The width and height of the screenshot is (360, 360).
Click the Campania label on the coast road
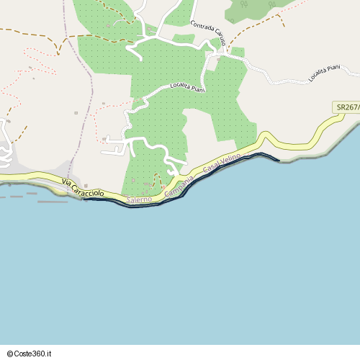(x=179, y=185)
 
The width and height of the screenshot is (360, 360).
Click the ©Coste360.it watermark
(x=30, y=354)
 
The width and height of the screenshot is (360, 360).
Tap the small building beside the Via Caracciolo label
(x=86, y=184)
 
